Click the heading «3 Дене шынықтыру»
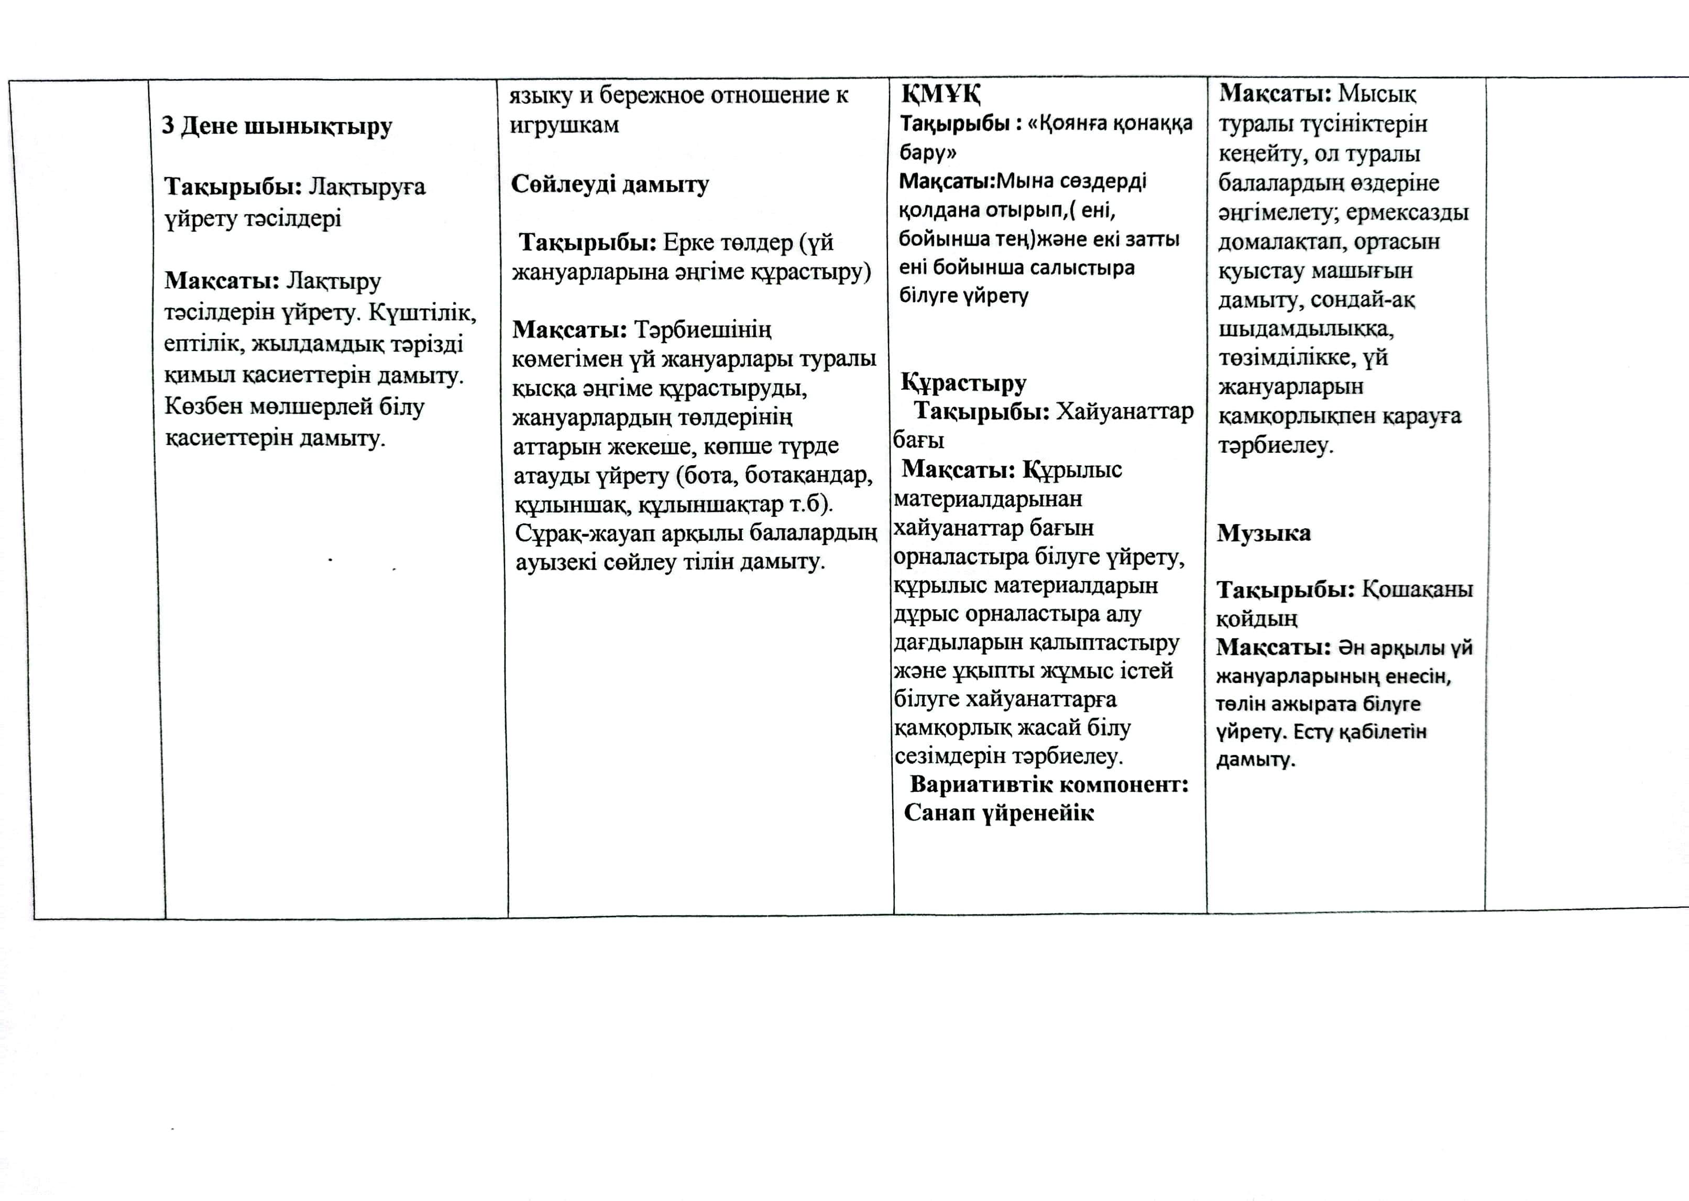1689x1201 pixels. tap(277, 126)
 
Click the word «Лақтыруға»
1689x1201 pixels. tap(367, 187)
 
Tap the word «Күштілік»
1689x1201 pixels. tap(422, 313)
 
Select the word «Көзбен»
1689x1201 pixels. tap(203, 407)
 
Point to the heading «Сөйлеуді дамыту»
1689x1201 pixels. tap(610, 184)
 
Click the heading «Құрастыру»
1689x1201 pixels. tap(963, 383)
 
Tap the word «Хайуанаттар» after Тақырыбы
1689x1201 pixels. tap(1124, 411)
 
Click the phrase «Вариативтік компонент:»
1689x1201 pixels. tap(1049, 784)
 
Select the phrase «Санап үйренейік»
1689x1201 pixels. tap(999, 813)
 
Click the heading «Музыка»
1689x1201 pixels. tap(1264, 533)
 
